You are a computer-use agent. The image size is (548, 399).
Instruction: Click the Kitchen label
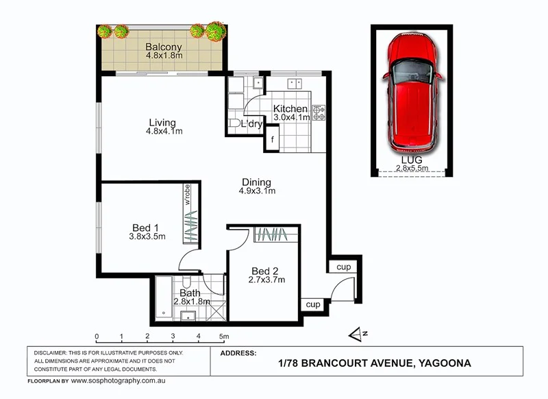[x=290, y=109]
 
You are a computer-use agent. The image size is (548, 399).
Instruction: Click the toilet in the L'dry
[x=235, y=123]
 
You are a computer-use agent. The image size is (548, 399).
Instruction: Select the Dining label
[x=257, y=182]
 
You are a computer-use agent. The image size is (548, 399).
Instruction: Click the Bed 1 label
[x=145, y=228]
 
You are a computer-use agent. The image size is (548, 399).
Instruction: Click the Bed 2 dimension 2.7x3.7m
[x=267, y=279]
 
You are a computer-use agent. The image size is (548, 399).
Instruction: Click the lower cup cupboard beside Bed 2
[x=313, y=304]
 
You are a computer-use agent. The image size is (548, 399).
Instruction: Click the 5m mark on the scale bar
[x=223, y=337]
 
